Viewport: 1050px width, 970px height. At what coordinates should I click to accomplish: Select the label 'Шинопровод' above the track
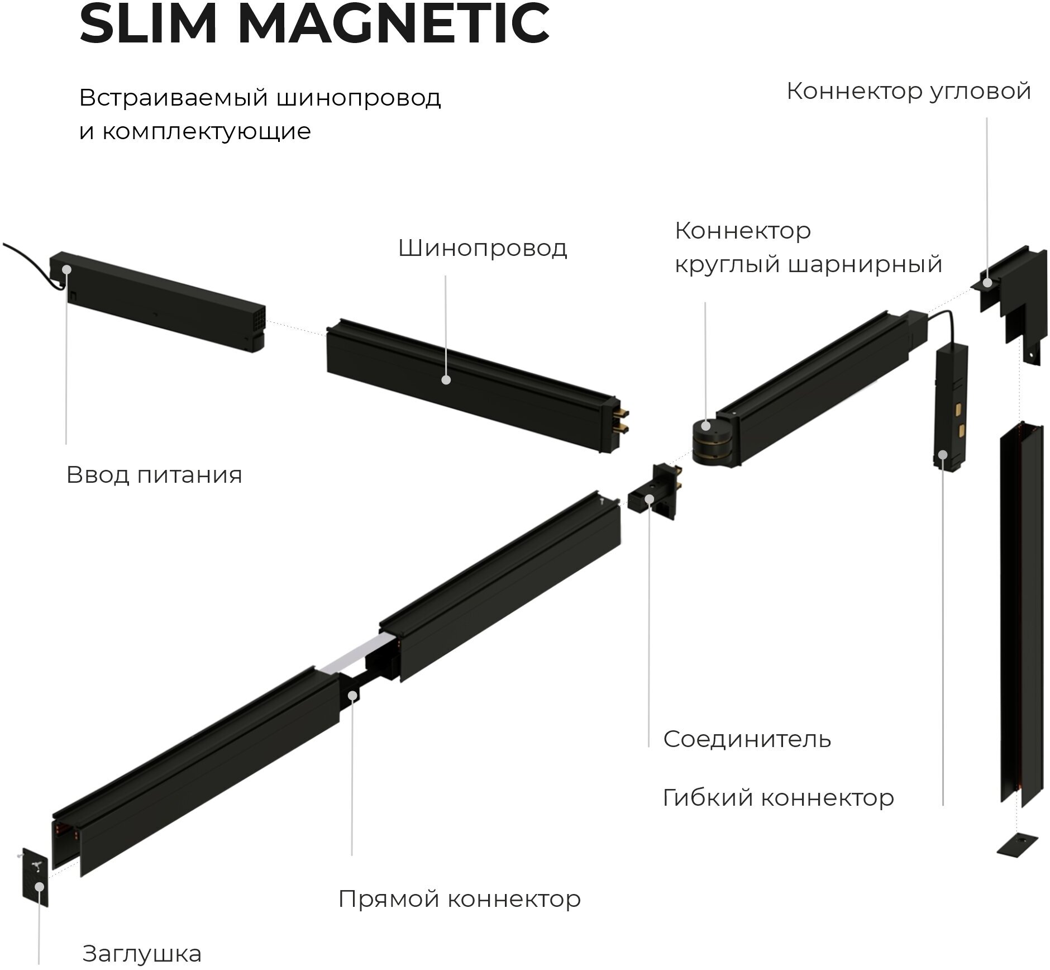pyautogui.click(x=482, y=248)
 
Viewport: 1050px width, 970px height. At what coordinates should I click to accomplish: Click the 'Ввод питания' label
pyautogui.click(x=154, y=475)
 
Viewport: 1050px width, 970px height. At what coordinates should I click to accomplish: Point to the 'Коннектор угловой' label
pyautogui.click(x=908, y=91)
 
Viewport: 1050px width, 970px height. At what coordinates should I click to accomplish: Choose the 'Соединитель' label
pyautogui.click(x=747, y=739)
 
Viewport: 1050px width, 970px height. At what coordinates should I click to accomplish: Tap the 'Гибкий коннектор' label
pyautogui.click(x=778, y=797)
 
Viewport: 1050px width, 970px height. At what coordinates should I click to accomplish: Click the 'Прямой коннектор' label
pyautogui.click(x=459, y=899)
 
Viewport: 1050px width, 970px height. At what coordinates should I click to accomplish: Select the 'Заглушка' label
pyautogui.click(x=142, y=953)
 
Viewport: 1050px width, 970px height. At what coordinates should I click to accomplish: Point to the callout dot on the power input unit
pyautogui.click(x=67, y=269)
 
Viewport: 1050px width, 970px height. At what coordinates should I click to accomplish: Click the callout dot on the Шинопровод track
pyautogui.click(x=446, y=380)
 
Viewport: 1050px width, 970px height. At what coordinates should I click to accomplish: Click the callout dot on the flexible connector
pyautogui.click(x=943, y=454)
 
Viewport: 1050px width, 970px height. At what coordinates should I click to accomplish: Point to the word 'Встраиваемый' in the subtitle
pyautogui.click(x=173, y=98)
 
